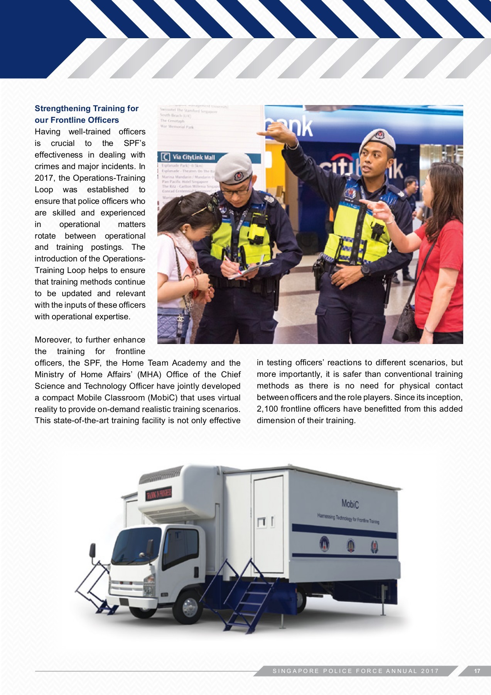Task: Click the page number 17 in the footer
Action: point(477,671)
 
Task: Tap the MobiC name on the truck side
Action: point(350,504)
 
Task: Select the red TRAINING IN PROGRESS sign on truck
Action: point(159,493)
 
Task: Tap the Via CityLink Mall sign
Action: point(193,157)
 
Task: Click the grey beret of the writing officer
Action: point(233,168)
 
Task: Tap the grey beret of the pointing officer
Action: point(378,139)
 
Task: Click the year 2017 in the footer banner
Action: point(430,671)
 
